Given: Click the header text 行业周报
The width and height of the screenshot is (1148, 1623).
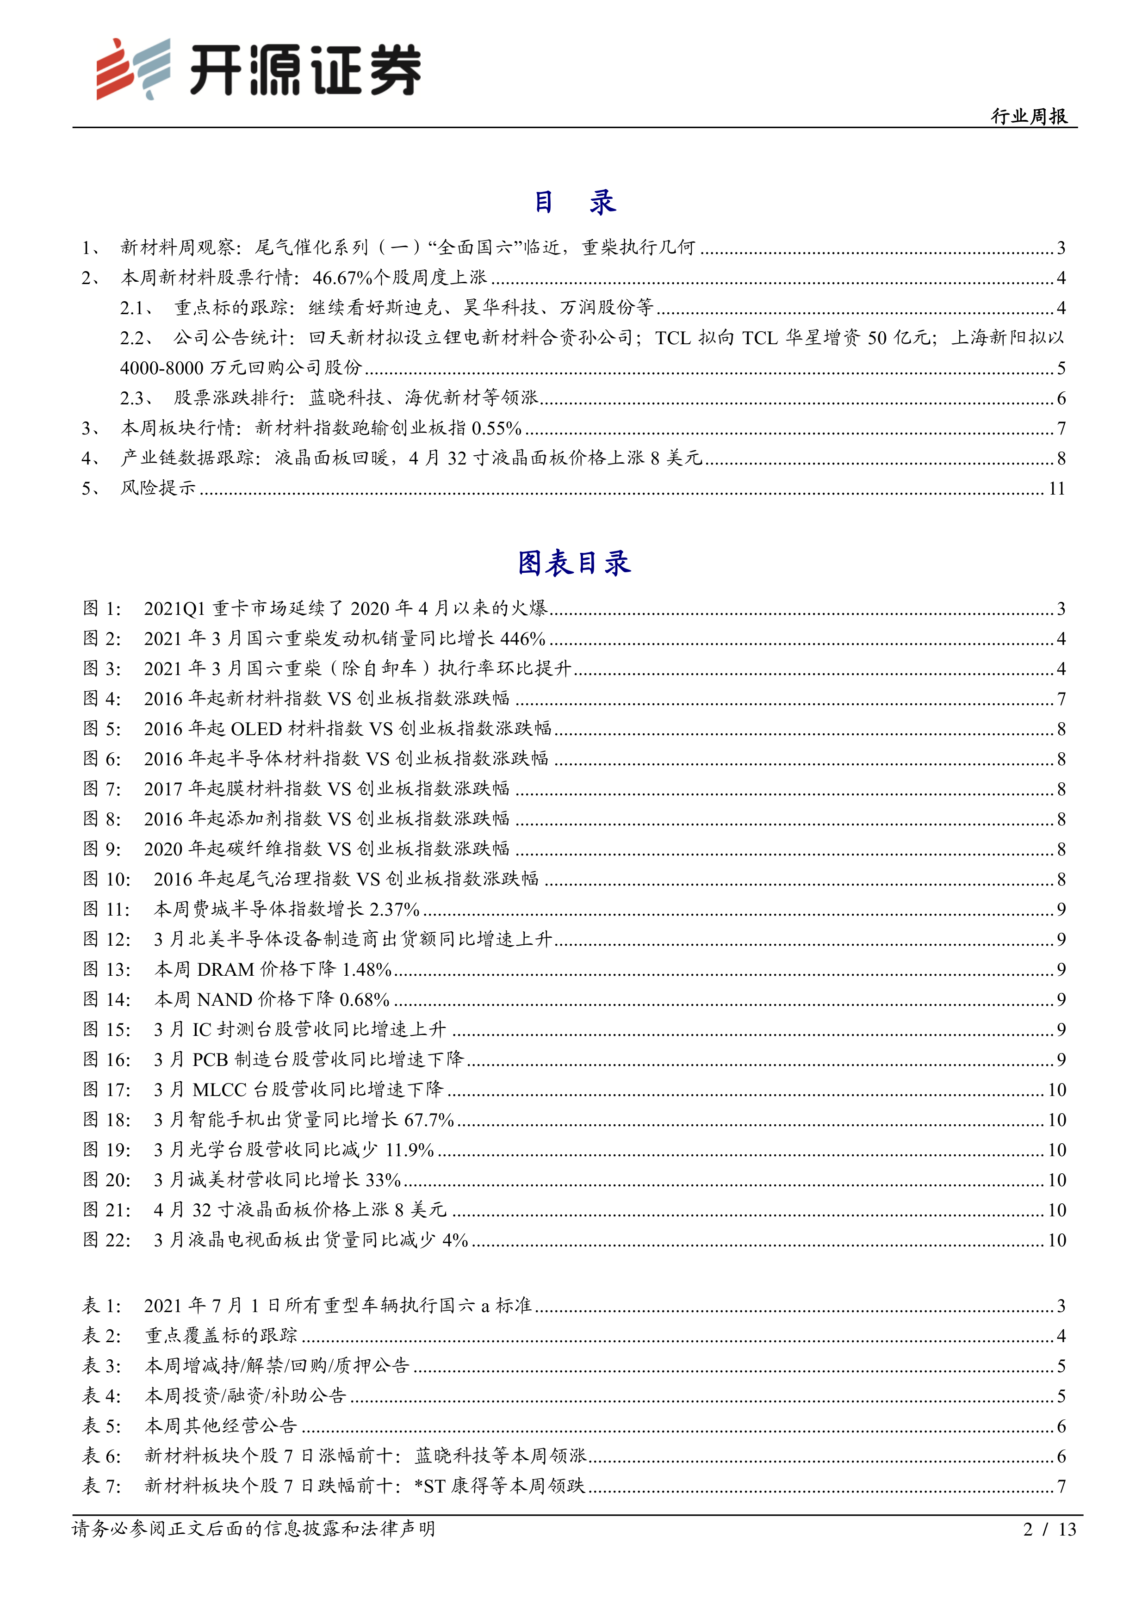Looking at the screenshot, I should [1029, 116].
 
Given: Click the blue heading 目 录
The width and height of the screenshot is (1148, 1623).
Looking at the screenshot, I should [574, 203].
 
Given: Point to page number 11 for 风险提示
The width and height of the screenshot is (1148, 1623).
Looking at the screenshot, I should [1056, 489].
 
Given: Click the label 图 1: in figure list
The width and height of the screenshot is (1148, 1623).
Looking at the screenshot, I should [103, 609].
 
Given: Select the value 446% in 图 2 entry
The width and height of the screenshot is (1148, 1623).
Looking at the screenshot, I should [522, 639].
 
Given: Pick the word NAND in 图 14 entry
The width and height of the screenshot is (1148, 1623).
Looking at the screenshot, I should [224, 999].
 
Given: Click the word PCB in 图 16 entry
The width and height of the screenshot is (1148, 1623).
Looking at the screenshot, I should [210, 1059].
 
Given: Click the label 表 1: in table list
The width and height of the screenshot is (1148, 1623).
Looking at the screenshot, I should [103, 1306].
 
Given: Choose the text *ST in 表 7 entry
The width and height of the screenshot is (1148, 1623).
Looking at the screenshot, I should [430, 1486].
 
